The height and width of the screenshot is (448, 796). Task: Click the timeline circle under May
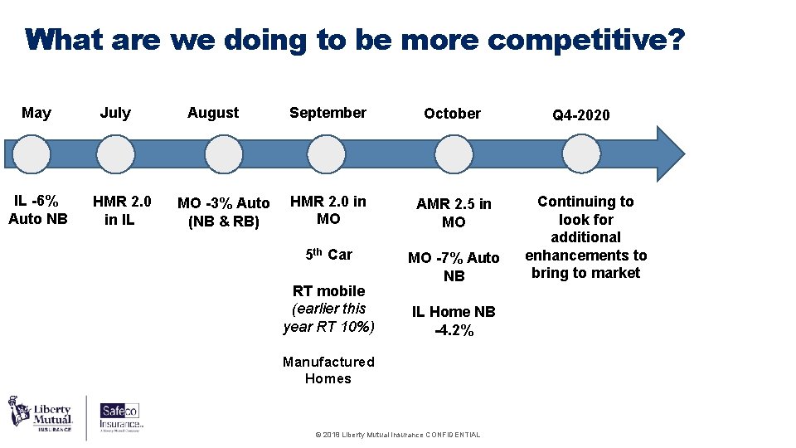pos(32,154)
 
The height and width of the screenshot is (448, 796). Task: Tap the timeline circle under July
pos(115,154)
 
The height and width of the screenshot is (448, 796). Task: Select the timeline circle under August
pos(224,154)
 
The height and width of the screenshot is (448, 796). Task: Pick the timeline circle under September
pos(327,154)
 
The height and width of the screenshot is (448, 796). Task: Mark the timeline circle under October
pos(453,154)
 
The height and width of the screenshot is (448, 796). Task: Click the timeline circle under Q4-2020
pos(580,154)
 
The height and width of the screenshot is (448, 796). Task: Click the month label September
pos(328,113)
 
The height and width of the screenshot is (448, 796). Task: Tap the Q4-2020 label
pos(580,115)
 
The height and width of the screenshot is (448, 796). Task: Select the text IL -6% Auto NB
pos(37,210)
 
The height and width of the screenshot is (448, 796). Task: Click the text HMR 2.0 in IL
pos(122,210)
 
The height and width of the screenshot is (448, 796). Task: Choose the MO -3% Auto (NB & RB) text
pos(224,212)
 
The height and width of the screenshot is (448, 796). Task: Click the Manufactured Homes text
pos(328,370)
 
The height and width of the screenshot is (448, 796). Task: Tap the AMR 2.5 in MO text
pos(454,212)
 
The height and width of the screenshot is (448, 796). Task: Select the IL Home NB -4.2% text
pos(454,321)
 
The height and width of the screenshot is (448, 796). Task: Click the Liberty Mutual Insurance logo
pos(41,414)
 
